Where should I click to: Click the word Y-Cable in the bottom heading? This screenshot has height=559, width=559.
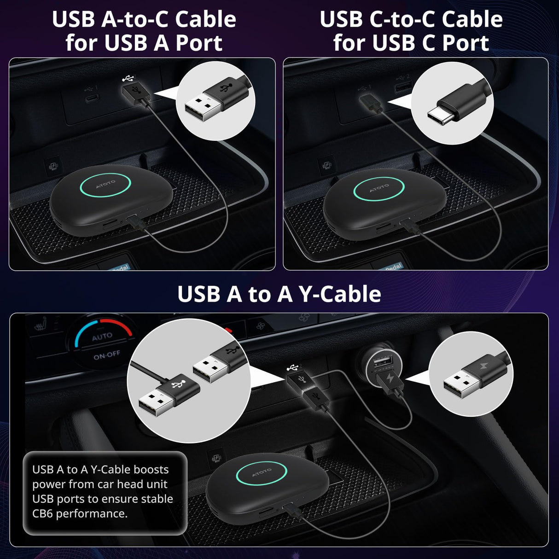point(340,294)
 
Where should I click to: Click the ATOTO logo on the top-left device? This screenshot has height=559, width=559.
point(105,184)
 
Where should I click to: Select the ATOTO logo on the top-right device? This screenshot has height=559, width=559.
point(379,188)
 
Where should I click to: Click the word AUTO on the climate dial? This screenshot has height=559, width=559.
point(102,337)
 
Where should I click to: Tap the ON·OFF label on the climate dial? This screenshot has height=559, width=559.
point(107,355)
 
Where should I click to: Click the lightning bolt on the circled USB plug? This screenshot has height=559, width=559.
point(483,367)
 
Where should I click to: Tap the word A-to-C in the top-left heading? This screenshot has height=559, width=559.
point(136,19)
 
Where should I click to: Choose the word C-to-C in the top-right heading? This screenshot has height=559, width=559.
point(403,19)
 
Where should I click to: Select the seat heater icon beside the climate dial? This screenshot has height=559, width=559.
point(41,326)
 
